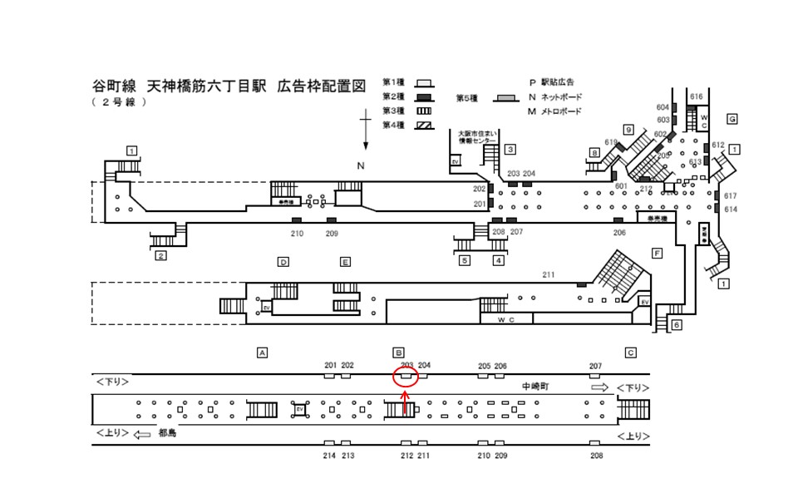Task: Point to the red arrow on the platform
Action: coord(406,402)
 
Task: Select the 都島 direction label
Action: coord(168,433)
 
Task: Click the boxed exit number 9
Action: coord(628,129)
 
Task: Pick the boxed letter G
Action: coord(732,119)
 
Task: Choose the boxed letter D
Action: coord(283,262)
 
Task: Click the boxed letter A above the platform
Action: coord(262,353)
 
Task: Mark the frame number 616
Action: coord(697,97)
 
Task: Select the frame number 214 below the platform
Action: coord(329,456)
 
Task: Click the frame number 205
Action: coord(485,366)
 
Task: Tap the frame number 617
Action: coord(731,195)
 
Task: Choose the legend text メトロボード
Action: coord(561,111)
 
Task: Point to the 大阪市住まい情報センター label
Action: coord(473,136)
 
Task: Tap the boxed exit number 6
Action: coord(677,324)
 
